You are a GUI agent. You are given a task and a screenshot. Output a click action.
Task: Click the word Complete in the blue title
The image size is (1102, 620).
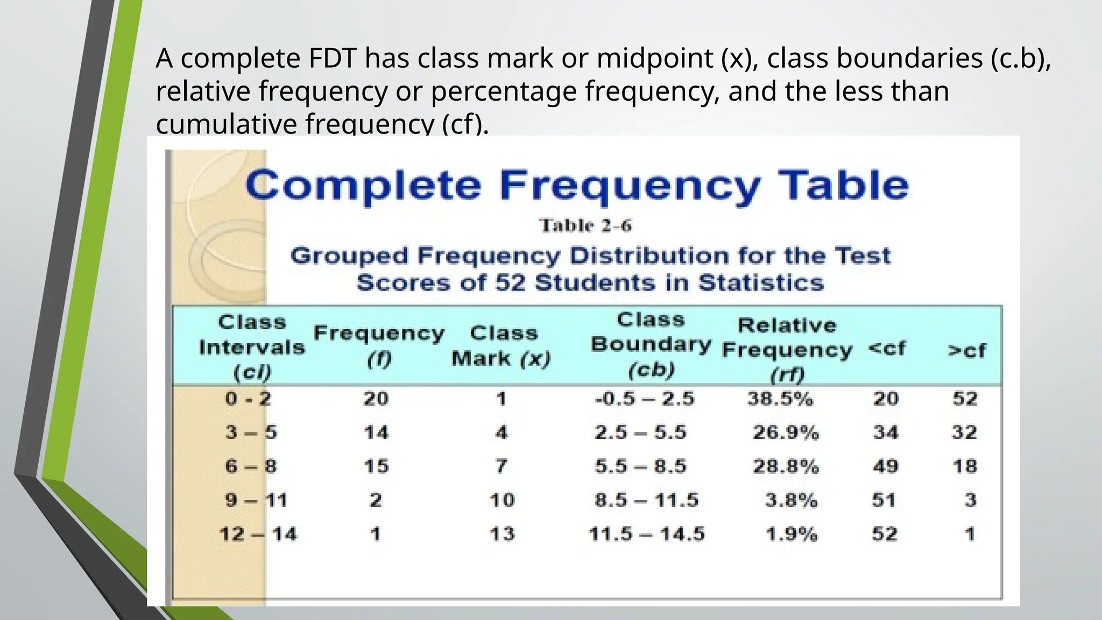(363, 186)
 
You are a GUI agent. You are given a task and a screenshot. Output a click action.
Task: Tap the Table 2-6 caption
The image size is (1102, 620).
(585, 226)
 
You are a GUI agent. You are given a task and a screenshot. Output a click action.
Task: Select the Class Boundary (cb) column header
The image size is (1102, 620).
(651, 344)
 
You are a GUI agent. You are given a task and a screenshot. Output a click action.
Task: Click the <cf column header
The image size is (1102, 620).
(887, 348)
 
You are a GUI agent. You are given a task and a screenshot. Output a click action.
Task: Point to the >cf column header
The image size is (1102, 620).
(966, 351)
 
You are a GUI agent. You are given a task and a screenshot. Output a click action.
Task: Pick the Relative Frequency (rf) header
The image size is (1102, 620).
(787, 349)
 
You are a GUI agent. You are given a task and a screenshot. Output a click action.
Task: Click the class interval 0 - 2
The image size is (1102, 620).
(248, 399)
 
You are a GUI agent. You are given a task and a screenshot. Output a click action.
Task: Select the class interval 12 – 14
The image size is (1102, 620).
(258, 534)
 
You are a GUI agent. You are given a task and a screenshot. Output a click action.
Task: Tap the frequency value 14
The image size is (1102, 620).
(376, 432)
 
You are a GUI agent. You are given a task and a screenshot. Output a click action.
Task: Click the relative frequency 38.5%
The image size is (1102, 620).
(780, 399)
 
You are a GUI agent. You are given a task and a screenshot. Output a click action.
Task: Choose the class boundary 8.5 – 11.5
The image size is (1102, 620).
(646, 501)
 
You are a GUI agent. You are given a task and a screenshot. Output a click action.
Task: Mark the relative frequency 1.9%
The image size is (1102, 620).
(792, 534)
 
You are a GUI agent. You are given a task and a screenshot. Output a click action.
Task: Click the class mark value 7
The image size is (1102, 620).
(501, 466)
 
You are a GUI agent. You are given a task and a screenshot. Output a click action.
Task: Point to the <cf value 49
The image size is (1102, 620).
(885, 466)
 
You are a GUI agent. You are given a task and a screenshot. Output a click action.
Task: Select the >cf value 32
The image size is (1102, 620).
(964, 432)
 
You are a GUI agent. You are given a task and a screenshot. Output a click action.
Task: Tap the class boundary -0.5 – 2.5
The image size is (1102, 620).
(645, 399)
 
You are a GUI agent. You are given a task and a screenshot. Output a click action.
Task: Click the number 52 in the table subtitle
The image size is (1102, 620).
(510, 283)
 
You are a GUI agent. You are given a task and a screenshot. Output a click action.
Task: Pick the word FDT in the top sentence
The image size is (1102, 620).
(333, 58)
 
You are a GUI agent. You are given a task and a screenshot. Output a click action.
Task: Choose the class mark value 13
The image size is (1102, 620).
(502, 534)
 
